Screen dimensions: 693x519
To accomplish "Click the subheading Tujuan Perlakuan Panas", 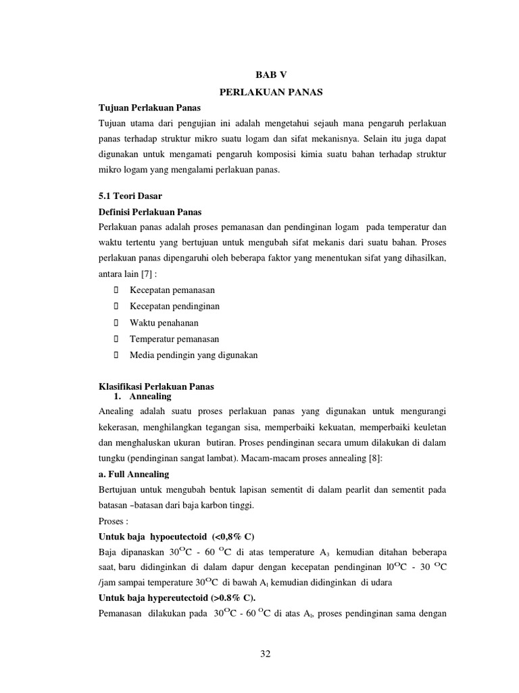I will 149,108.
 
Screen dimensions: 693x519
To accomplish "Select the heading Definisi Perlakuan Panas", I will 150,211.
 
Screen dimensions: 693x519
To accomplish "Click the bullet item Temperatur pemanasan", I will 174,338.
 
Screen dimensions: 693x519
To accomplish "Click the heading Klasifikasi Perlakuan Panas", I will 156,386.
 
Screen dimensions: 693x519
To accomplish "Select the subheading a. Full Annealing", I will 134,474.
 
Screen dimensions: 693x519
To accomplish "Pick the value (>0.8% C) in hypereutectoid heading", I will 228,599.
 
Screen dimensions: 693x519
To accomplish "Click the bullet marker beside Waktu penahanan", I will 116,322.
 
